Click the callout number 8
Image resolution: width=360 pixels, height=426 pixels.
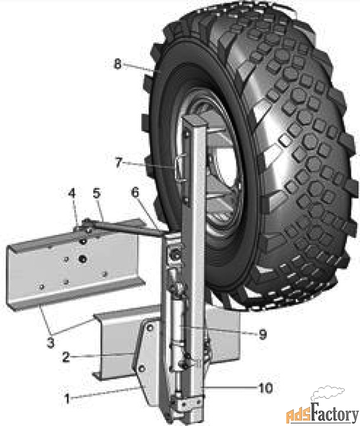pyautogui.click(x=118, y=64)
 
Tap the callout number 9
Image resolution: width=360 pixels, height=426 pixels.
pyautogui.click(x=262, y=334)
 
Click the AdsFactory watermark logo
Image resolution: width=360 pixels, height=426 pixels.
pyautogui.click(x=319, y=408)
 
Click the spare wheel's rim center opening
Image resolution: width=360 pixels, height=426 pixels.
pyautogui.click(x=216, y=172)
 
